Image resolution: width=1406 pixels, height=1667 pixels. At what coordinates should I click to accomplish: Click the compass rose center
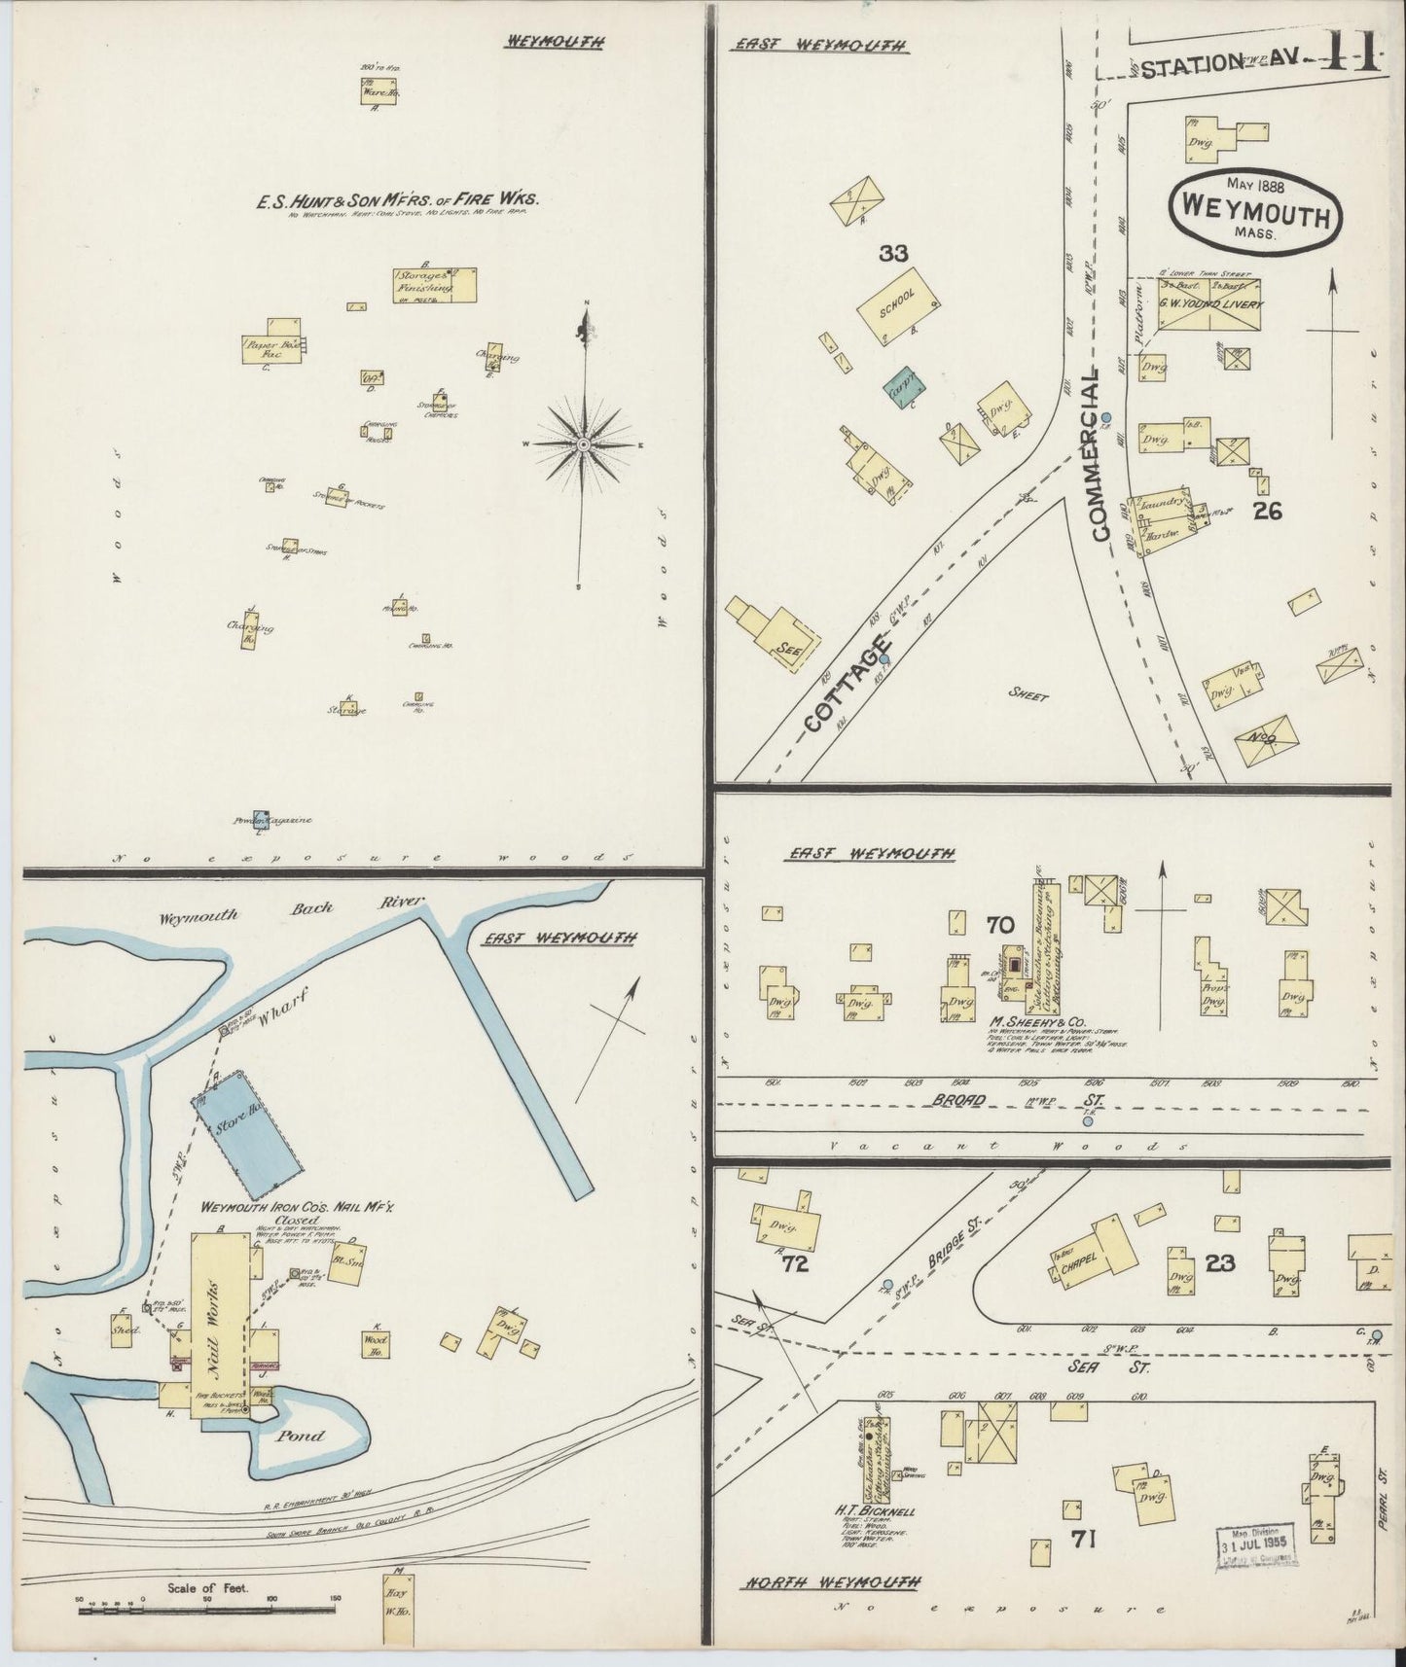click(x=583, y=443)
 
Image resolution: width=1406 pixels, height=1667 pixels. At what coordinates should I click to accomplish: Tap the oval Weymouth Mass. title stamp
click(x=1255, y=207)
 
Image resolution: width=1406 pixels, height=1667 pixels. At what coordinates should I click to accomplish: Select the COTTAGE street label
click(x=847, y=686)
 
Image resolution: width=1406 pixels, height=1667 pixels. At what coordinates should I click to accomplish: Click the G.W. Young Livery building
click(x=1208, y=304)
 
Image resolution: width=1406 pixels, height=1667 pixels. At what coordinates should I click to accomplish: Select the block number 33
click(x=893, y=254)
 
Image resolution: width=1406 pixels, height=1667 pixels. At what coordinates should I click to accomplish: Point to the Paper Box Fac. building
click(x=268, y=348)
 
